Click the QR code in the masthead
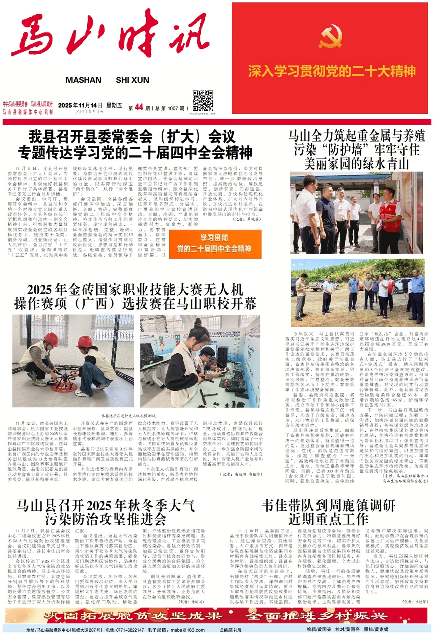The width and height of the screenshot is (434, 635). tap(203, 101)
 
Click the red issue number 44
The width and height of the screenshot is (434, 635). tap(139, 107)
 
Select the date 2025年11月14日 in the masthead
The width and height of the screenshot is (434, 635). tap(80, 105)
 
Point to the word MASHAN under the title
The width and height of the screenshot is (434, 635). tap(83, 80)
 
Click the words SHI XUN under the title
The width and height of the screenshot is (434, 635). tap(132, 80)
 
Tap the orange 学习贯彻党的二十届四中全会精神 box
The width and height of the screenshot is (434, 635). tap(215, 244)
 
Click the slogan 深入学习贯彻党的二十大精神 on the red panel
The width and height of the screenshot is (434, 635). tap(332, 71)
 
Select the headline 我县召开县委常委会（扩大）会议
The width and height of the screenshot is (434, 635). tap(132, 137)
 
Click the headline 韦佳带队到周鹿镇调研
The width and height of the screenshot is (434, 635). tap(328, 505)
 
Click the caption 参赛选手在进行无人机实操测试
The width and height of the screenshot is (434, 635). tap(128, 416)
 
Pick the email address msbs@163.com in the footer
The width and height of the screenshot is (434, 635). tap(188, 630)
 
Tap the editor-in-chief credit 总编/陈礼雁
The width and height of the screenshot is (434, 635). tap(230, 630)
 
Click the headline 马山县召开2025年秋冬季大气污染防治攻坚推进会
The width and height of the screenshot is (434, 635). tap(106, 512)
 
